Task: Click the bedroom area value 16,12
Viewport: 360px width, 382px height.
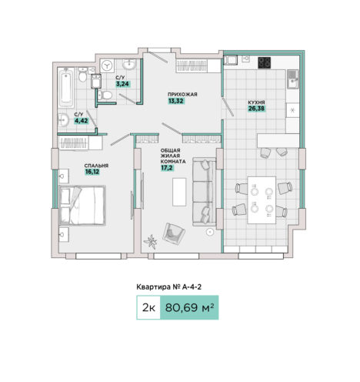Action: tap(92, 172)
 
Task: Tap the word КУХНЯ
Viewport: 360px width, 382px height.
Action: tap(256, 102)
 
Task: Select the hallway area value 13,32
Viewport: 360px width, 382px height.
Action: tap(176, 101)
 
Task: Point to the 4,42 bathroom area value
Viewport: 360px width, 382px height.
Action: tap(81, 121)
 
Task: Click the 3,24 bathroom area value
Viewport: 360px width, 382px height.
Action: tap(123, 84)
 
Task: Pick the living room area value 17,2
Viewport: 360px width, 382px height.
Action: tap(167, 168)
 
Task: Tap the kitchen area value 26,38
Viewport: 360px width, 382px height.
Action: tap(256, 109)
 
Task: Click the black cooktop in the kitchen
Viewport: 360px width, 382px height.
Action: tap(264, 62)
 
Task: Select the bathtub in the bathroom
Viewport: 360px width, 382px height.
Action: tap(65, 88)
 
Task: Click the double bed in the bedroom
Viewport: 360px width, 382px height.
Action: tap(82, 206)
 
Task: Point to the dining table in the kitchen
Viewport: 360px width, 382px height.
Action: tap(262, 200)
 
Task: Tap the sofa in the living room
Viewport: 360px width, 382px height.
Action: tap(204, 192)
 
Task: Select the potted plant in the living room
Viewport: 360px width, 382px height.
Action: tap(151, 242)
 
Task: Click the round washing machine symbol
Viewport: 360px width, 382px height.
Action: tap(107, 65)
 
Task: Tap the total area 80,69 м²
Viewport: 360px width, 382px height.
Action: tap(189, 307)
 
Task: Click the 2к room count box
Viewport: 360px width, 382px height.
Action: tap(148, 307)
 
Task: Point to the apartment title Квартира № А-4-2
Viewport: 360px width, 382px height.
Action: tap(168, 286)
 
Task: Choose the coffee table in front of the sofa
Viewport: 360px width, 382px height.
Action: tap(179, 192)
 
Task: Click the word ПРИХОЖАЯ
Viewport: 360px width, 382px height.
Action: tap(182, 95)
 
